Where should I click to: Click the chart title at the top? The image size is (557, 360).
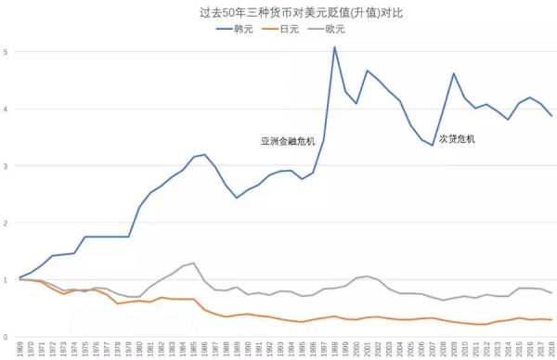pos(278,14)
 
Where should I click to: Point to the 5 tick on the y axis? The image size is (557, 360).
pos(6,51)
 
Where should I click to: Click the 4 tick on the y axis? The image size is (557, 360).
pos(6,109)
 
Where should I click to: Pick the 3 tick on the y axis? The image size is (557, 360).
pos(6,166)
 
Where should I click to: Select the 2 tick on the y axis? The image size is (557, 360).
pos(6,223)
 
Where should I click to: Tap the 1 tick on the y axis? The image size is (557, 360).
pos(6,280)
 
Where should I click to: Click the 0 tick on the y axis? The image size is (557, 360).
pos(6,337)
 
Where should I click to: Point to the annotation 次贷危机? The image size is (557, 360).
pos(456,138)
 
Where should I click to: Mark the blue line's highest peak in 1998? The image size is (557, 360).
pos(333,47)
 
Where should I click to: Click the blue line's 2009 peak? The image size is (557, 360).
pos(453,73)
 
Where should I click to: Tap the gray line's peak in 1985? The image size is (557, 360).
pos(193,264)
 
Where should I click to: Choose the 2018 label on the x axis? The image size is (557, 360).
pos(551,349)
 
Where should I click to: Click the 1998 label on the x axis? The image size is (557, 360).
pos(334,349)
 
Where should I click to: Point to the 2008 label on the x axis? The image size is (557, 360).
pos(442,349)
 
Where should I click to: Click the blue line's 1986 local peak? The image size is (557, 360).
pos(204,154)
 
